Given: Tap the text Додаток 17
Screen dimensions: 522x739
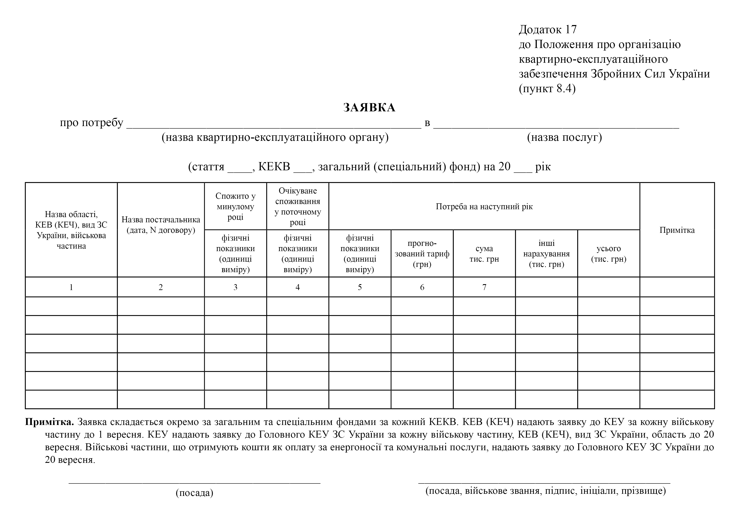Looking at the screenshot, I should [548, 30].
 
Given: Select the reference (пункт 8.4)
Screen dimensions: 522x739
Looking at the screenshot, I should [547, 88].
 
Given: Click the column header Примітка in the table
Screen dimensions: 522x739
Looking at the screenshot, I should [677, 230].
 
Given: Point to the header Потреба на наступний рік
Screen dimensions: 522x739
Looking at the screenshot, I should [484, 206].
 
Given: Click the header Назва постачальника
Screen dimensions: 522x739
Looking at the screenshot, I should [161, 225].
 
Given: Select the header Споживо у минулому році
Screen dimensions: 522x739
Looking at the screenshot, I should [235, 206].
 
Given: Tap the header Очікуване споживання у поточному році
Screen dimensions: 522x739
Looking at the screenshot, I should [298, 206].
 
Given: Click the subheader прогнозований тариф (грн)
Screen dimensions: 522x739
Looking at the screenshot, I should [422, 254].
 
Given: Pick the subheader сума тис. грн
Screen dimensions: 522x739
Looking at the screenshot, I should [484, 254].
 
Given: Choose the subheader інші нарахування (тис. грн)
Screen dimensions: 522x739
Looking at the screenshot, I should [546, 254].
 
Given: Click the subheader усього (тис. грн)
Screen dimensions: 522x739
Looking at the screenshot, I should [609, 254].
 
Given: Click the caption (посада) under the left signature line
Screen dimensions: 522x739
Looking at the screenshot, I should [194, 493].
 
